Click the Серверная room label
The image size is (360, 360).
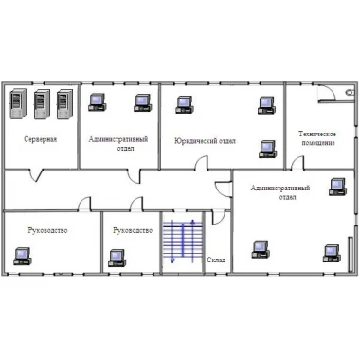coord(41,139)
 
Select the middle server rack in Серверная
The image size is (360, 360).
coord(42,104)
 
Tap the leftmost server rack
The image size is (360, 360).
coord(18,104)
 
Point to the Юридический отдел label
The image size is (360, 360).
coord(205,141)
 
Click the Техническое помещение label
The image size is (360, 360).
coord(317,138)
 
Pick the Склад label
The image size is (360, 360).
coord(216,260)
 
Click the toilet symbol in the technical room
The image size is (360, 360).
coord(350,92)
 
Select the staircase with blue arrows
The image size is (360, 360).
coord(183,242)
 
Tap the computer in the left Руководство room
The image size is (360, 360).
coord(23,256)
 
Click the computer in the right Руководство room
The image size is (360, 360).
coord(117,258)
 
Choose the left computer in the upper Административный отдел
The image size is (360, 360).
coord(97,102)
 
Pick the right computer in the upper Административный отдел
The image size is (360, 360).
coord(143,103)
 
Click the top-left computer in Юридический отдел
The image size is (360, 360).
coord(185,104)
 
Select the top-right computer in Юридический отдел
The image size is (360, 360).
coord(266,105)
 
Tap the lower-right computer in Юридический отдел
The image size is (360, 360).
coord(267,150)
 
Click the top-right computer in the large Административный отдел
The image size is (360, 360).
coord(337,187)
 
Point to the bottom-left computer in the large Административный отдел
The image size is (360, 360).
coord(261,249)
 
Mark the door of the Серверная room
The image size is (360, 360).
coord(36,175)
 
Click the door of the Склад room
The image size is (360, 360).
coord(219,217)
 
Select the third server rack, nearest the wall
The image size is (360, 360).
coord(64,104)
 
